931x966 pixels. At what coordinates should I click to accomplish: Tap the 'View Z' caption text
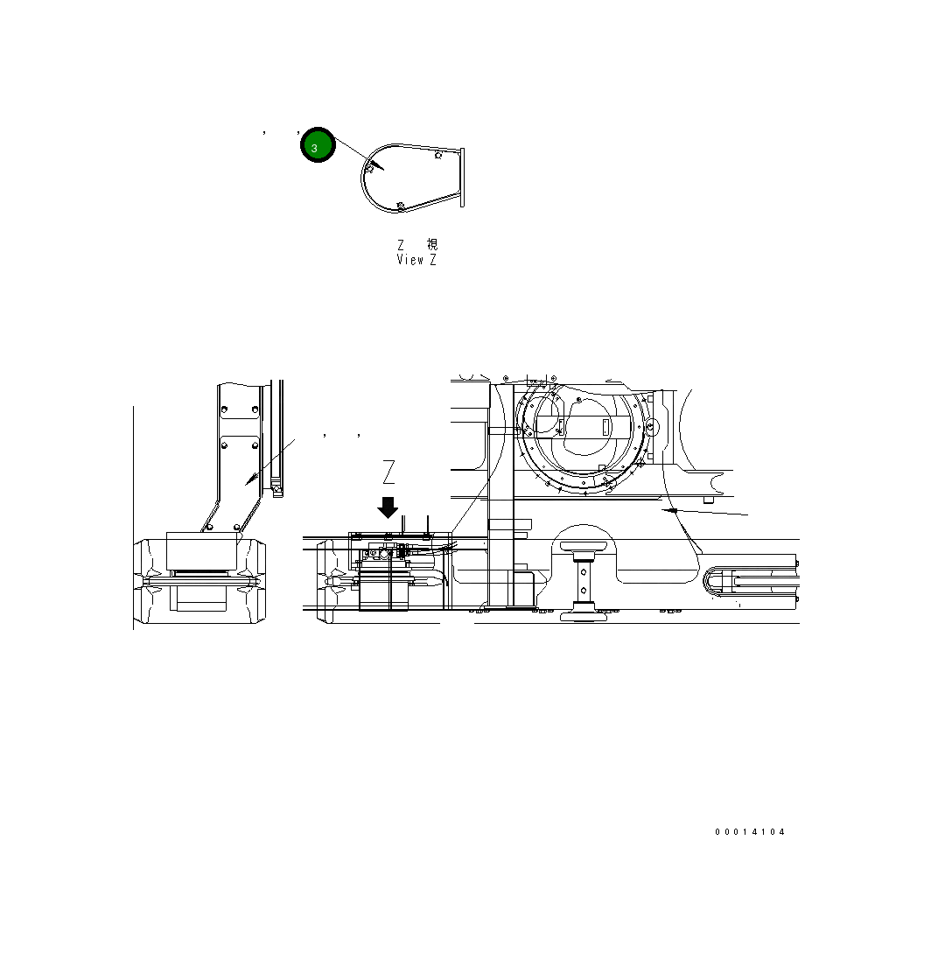416,260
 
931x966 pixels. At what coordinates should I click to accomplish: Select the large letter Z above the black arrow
389,472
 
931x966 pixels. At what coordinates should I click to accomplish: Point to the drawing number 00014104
750,832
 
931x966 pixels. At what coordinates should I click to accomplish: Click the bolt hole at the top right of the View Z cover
437,155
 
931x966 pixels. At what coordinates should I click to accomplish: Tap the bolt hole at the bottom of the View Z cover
400,206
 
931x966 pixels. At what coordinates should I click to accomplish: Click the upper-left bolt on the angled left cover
225,409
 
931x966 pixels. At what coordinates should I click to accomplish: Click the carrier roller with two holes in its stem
584,587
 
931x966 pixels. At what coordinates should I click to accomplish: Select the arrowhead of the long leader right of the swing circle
669,508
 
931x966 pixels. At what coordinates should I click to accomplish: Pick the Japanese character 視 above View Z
432,245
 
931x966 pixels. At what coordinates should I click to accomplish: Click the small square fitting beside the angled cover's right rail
276,488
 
